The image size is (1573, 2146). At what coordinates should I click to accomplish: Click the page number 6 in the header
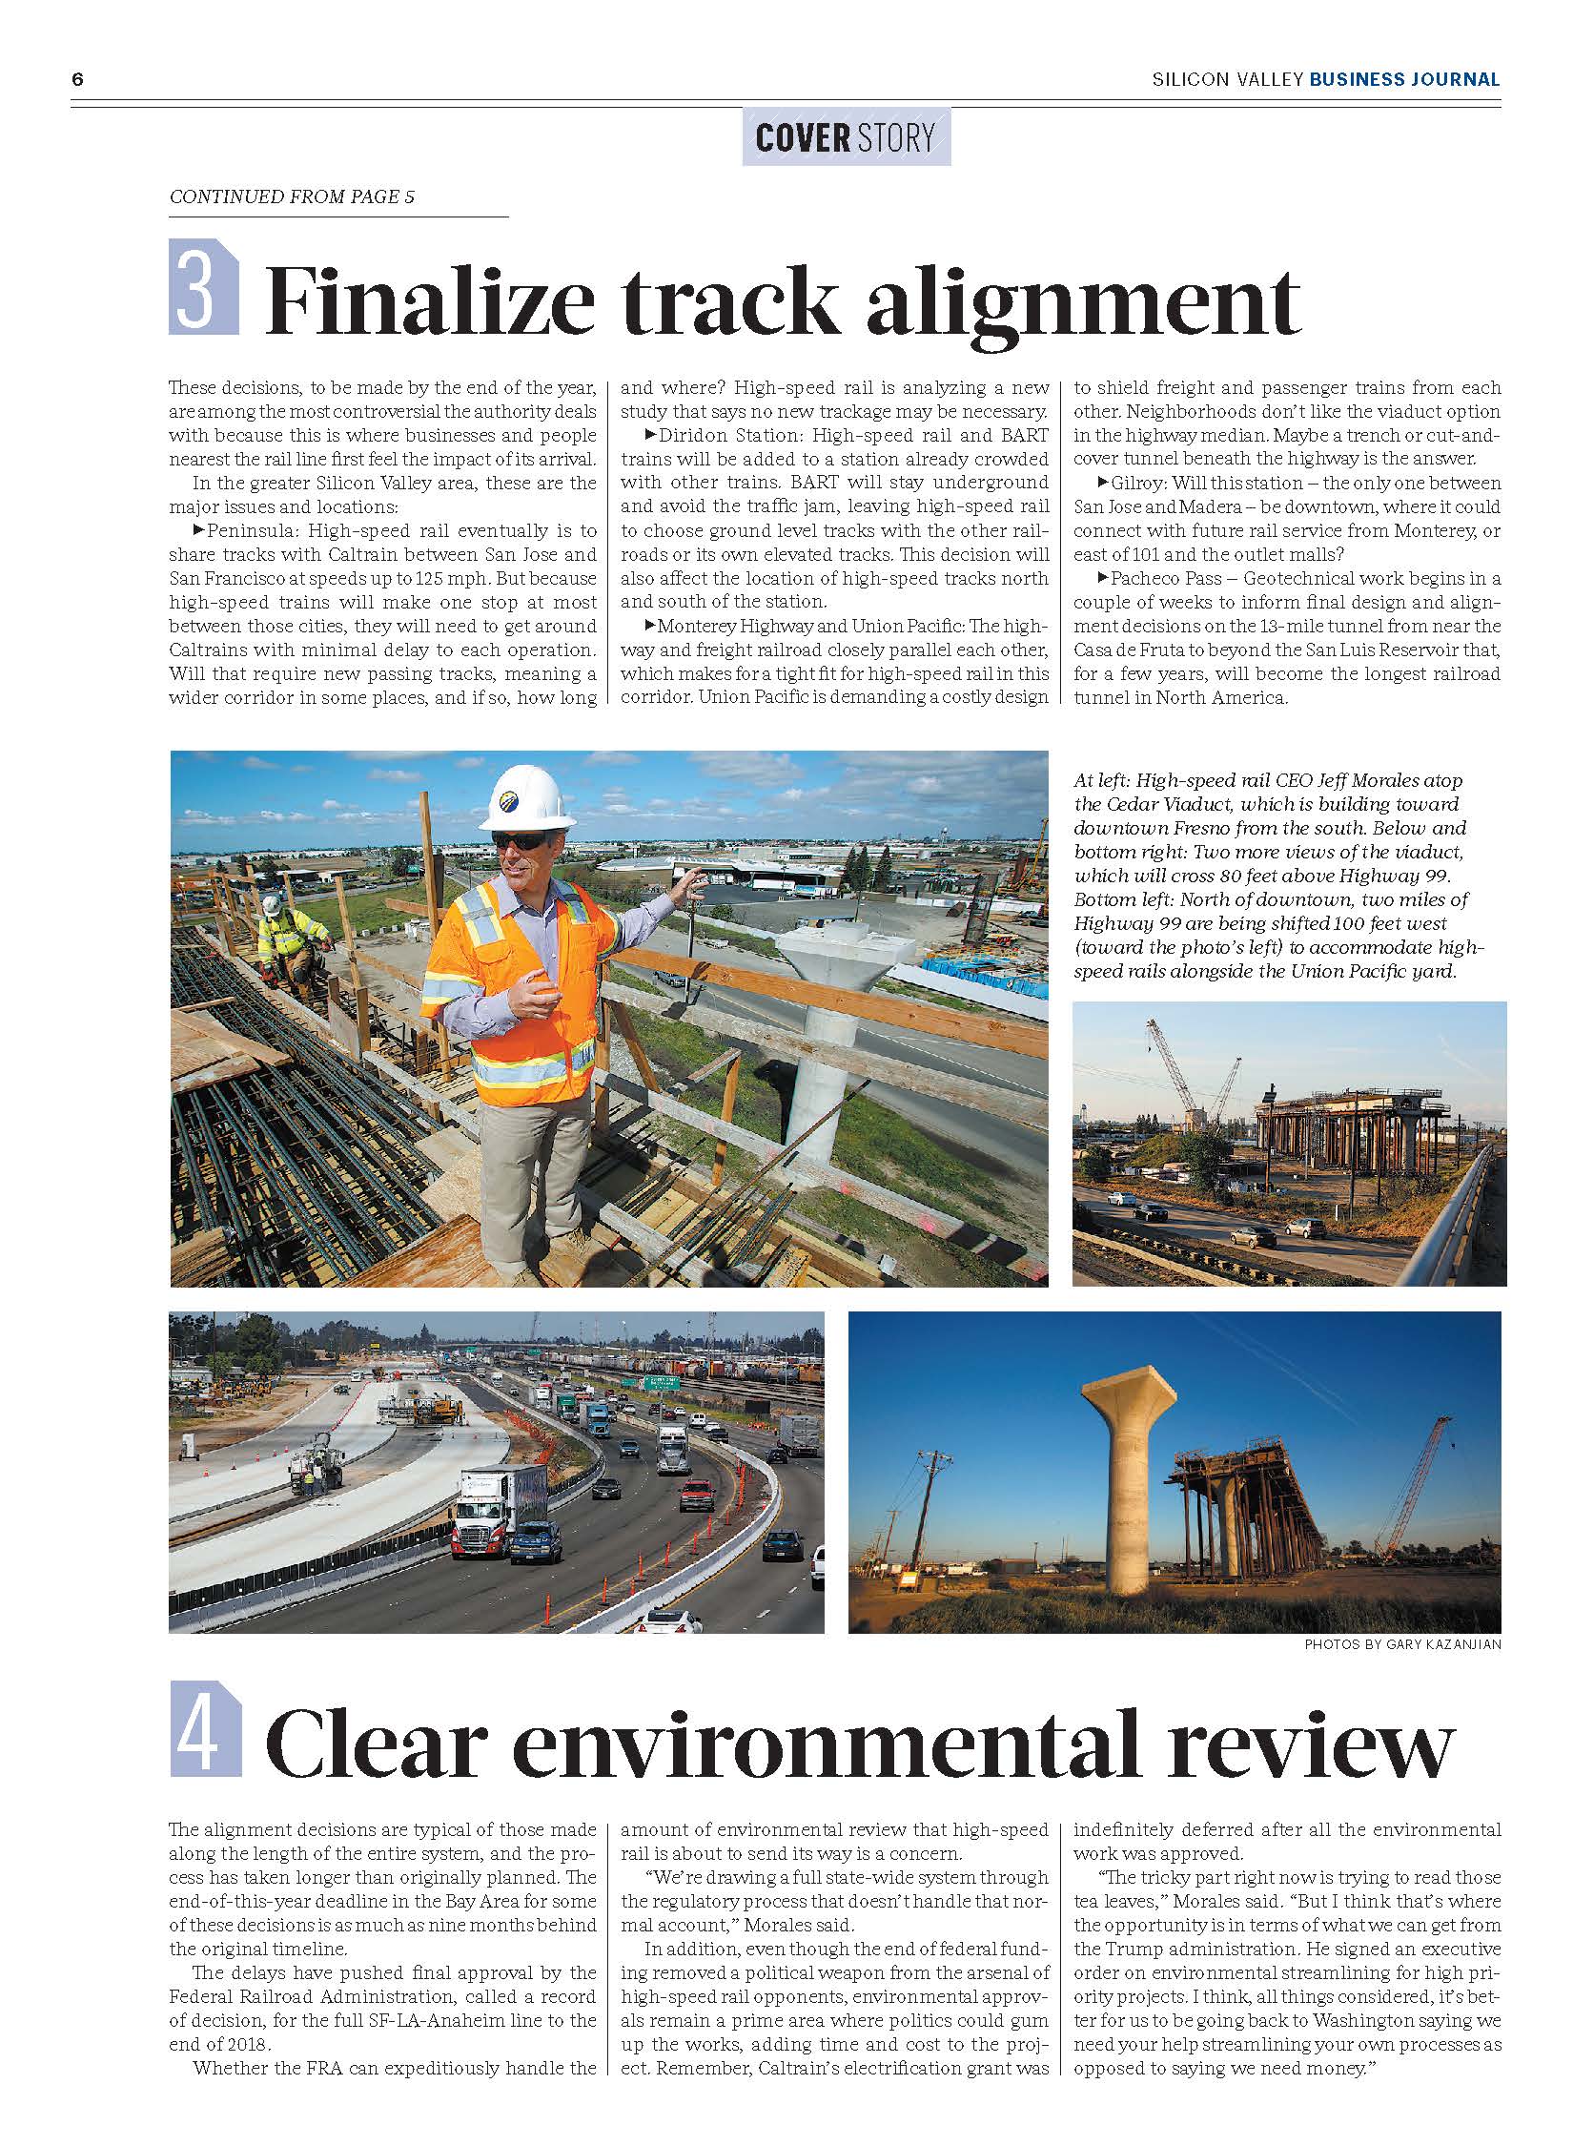pyautogui.click(x=77, y=80)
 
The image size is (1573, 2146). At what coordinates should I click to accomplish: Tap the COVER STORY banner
pyautogui.click(x=845, y=138)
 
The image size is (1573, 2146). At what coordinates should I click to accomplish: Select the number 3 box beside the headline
pyautogui.click(x=203, y=286)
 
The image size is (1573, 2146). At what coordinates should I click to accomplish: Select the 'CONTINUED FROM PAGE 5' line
pyautogui.click(x=292, y=197)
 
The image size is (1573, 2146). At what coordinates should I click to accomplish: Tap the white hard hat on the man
pyautogui.click(x=525, y=797)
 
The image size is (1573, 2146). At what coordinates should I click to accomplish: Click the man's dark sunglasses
pyautogui.click(x=520, y=840)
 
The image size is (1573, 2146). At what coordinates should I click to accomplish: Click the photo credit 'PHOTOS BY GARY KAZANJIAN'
pyautogui.click(x=1401, y=1644)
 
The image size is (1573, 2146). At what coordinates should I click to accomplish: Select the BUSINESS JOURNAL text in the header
pyautogui.click(x=1404, y=80)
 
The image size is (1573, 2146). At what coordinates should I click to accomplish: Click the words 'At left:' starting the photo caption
pyautogui.click(x=1102, y=780)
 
